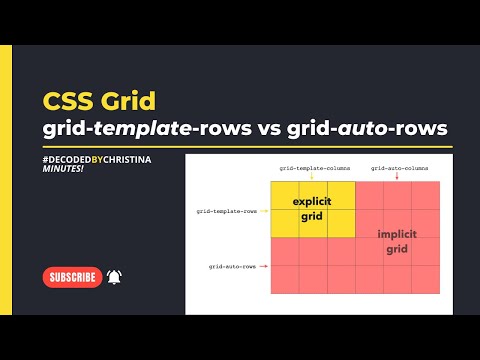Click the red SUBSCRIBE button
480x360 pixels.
tap(73, 277)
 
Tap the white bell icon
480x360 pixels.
tap(114, 277)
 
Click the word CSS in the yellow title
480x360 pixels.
tap(68, 102)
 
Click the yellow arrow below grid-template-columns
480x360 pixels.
tap(312, 177)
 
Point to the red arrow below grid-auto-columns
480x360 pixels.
tap(397, 177)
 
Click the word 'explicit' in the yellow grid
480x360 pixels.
tap(311, 202)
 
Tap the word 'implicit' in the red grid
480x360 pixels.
tap(397, 234)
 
